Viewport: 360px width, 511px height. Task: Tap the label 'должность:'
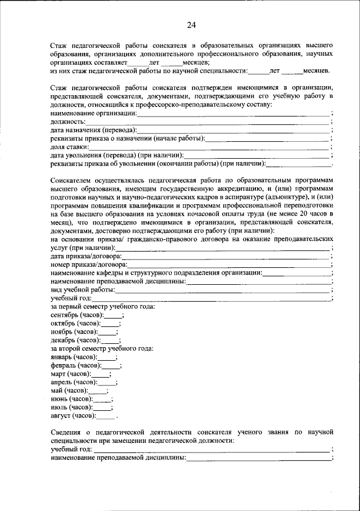pyautogui.click(x=68, y=122)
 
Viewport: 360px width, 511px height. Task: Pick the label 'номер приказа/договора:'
pyautogui.click(x=88, y=264)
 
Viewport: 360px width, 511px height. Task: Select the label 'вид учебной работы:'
pyautogui.click(x=83, y=289)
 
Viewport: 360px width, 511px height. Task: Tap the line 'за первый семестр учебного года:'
pyautogui.click(x=102, y=306)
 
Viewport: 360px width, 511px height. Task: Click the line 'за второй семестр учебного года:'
pyautogui.click(x=102, y=348)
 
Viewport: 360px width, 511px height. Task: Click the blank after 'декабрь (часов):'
pyautogui.click(x=110, y=340)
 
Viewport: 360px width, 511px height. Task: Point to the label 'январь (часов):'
pyautogui.click(x=73, y=357)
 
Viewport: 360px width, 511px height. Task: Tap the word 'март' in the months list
pyautogui.click(x=57, y=374)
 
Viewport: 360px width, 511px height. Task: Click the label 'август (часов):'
pyautogui.click(x=73, y=415)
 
